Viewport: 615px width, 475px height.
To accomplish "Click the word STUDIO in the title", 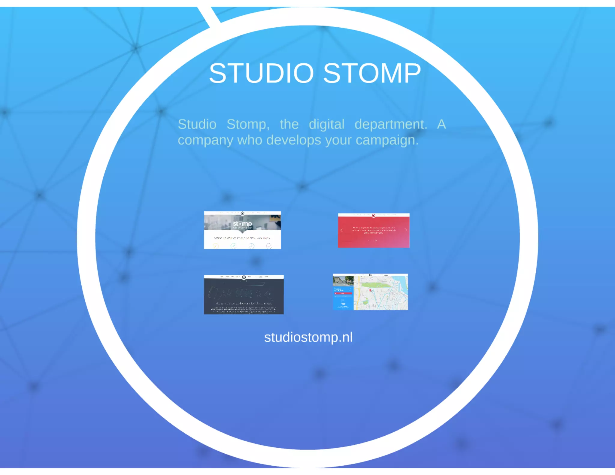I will pyautogui.click(x=261, y=73).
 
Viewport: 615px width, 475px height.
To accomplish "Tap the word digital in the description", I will pyautogui.click(x=326, y=124).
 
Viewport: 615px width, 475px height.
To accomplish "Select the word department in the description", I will pyautogui.click(x=391, y=124).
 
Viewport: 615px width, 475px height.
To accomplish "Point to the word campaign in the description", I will pyautogui.click(x=387, y=140).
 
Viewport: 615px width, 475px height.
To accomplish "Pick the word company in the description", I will pyautogui.click(x=205, y=140).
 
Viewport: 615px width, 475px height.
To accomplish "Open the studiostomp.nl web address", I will pyautogui.click(x=308, y=337).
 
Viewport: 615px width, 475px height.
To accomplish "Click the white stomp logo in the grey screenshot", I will pyautogui.click(x=242, y=224).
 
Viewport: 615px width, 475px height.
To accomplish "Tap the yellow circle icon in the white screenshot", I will pyautogui.click(x=216, y=246).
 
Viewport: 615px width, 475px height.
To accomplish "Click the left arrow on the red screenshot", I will pyautogui.click(x=341, y=230).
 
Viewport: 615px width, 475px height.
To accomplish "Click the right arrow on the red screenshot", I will pyautogui.click(x=406, y=230).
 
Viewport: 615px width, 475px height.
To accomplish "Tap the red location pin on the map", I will pyautogui.click(x=370, y=290).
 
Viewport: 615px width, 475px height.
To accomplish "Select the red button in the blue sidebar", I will pyautogui.click(x=343, y=293).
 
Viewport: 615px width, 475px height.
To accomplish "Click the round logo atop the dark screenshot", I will pyautogui.click(x=244, y=277).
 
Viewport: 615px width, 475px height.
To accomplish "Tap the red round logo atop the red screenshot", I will pyautogui.click(x=374, y=215).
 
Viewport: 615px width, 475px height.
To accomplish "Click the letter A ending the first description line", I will pyautogui.click(x=441, y=124).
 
